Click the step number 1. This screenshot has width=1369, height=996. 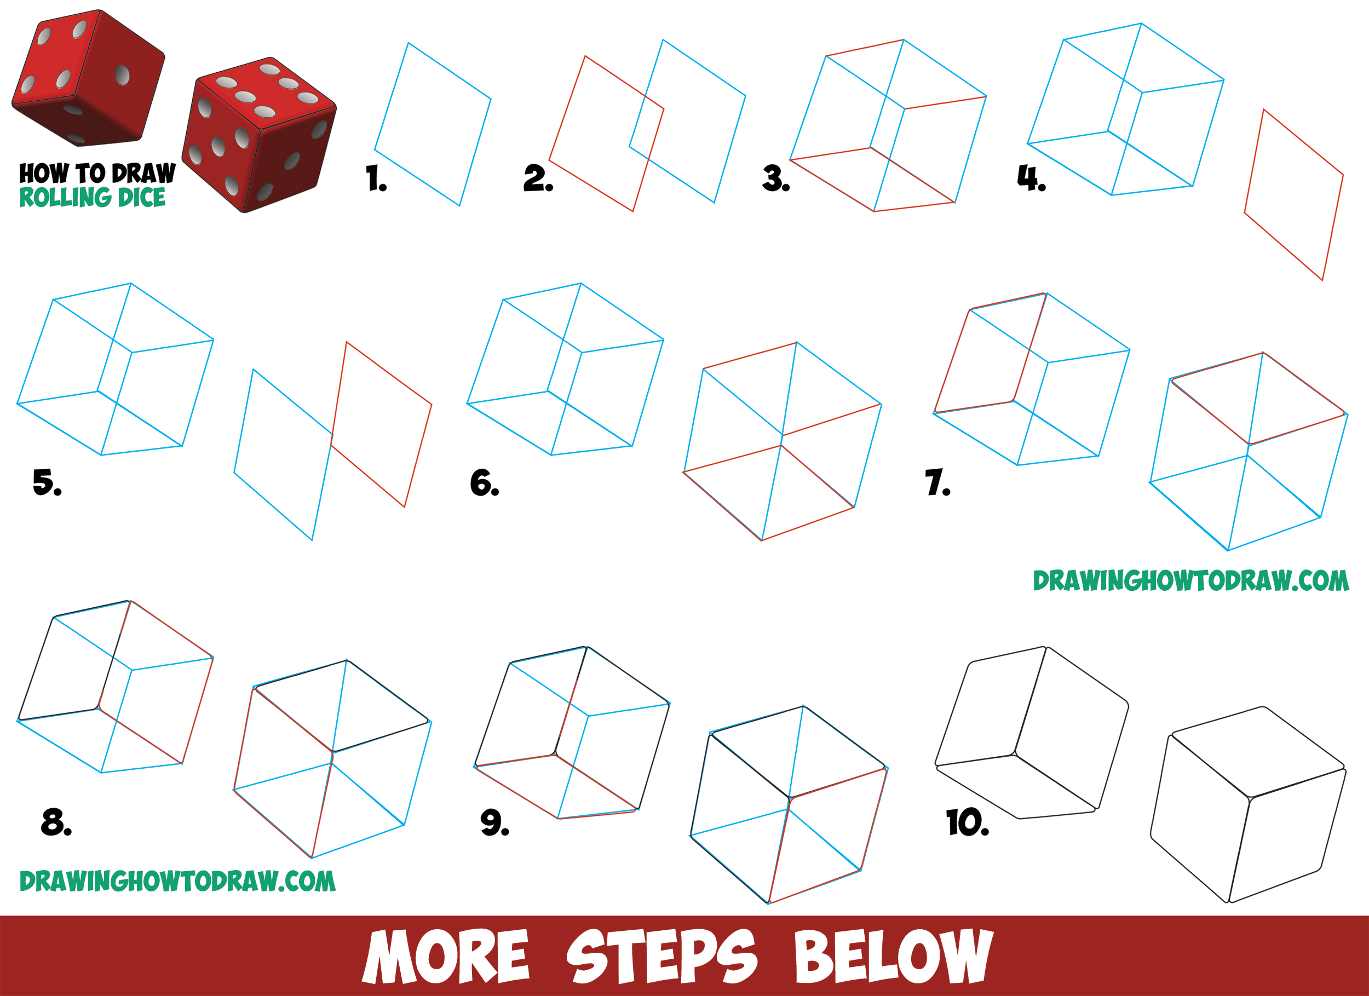pyautogui.click(x=376, y=179)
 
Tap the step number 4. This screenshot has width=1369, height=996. pyautogui.click(x=1031, y=178)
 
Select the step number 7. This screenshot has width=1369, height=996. pyautogui.click(x=937, y=482)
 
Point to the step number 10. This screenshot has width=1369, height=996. pyautogui.click(x=967, y=822)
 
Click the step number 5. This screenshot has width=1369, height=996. pyautogui.click(x=47, y=482)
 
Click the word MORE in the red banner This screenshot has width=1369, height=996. pyautogui.click(x=445, y=957)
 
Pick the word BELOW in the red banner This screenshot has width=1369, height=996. pyautogui.click(x=893, y=957)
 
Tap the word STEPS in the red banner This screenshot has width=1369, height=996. pyautogui.click(x=661, y=957)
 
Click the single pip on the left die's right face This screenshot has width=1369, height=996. pyautogui.click(x=122, y=75)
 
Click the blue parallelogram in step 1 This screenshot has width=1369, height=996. pyautogui.click(x=432, y=124)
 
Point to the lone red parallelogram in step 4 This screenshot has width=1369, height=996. pyautogui.click(x=1293, y=194)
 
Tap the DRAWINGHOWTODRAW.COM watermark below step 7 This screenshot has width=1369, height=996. pyautogui.click(x=1190, y=581)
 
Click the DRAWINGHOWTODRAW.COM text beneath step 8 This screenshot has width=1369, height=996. pyautogui.click(x=177, y=882)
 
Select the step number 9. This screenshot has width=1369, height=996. pyautogui.click(x=494, y=822)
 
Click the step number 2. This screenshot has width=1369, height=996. pyautogui.click(x=537, y=179)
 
